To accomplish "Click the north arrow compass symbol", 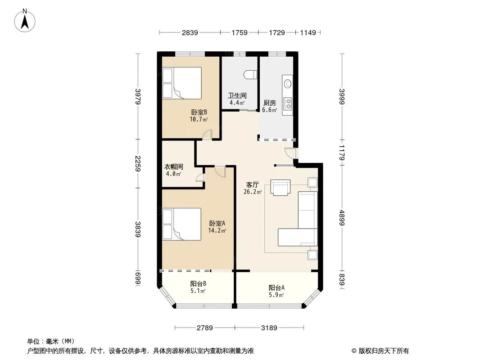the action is [25, 20].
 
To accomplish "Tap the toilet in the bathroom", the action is [250, 75].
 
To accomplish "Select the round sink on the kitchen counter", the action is [287, 83].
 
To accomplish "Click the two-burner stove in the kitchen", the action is [287, 103].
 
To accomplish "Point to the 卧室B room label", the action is [199, 112].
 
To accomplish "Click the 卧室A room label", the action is [217, 223].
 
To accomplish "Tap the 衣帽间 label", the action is [173, 166].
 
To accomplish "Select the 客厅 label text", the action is [253, 185].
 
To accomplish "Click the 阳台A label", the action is [277, 288].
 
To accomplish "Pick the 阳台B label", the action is [198, 283].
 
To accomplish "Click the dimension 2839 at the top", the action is [190, 32].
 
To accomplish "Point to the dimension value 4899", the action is [342, 218].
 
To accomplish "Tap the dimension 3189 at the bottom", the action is [269, 328].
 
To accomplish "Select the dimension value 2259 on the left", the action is [138, 164].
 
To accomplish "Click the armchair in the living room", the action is [280, 187].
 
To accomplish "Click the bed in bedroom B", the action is [182, 83].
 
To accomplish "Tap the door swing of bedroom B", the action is [207, 135].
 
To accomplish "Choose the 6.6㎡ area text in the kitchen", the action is [270, 110].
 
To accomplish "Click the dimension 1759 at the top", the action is [240, 32].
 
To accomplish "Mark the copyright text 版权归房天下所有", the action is [384, 351].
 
